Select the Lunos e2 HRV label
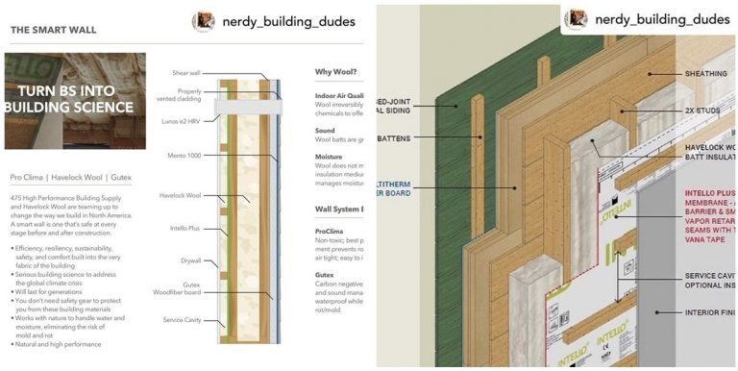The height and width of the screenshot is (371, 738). coord(183,122)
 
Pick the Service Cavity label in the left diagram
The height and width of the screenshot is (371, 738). coord(181,319)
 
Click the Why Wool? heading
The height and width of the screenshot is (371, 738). coord(338,72)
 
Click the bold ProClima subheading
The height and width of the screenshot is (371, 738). coord(330,231)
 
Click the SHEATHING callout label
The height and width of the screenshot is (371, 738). coord(706,73)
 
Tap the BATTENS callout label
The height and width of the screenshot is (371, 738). coord(394,138)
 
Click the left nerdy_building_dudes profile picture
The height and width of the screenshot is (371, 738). coord(203,20)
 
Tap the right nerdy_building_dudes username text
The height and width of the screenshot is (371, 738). coord(663,18)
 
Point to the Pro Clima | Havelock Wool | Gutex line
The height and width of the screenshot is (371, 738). coord(70,178)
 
